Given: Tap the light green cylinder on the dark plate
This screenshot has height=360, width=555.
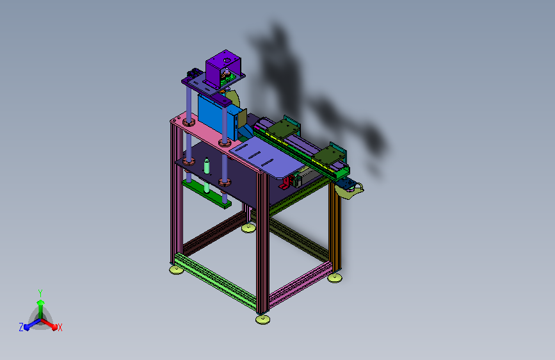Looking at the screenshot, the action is click(207, 166).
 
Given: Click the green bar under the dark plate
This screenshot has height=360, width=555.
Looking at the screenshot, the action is click(207, 193).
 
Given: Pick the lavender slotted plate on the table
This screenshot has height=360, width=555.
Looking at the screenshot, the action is click(266, 157).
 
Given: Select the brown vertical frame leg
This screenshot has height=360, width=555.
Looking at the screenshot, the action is click(335, 227).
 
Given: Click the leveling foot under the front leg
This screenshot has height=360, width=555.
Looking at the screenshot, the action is click(262, 320).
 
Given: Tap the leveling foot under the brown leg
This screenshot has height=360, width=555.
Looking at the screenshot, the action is click(335, 278).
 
